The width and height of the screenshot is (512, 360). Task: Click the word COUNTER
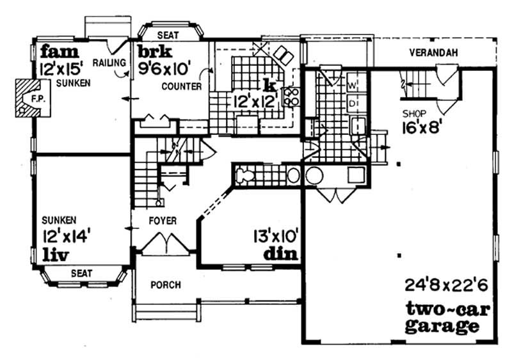(x=182, y=86)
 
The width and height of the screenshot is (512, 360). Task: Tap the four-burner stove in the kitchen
(x=292, y=96)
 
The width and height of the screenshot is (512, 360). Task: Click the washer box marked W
(x=353, y=85)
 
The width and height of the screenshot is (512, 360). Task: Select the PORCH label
(x=165, y=284)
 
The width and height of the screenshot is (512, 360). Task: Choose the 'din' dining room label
(x=281, y=254)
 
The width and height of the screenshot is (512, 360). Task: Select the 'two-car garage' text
(x=447, y=318)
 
